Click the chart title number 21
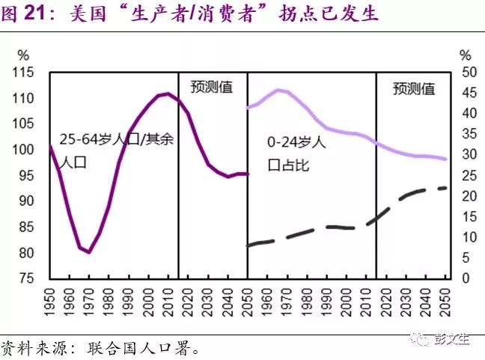click(35, 13)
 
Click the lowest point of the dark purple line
click(89, 252)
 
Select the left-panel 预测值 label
click(212, 87)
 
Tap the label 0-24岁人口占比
click(295, 153)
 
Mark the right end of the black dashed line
click(447, 187)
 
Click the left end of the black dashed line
click(248, 245)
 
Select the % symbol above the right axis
click(465, 55)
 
